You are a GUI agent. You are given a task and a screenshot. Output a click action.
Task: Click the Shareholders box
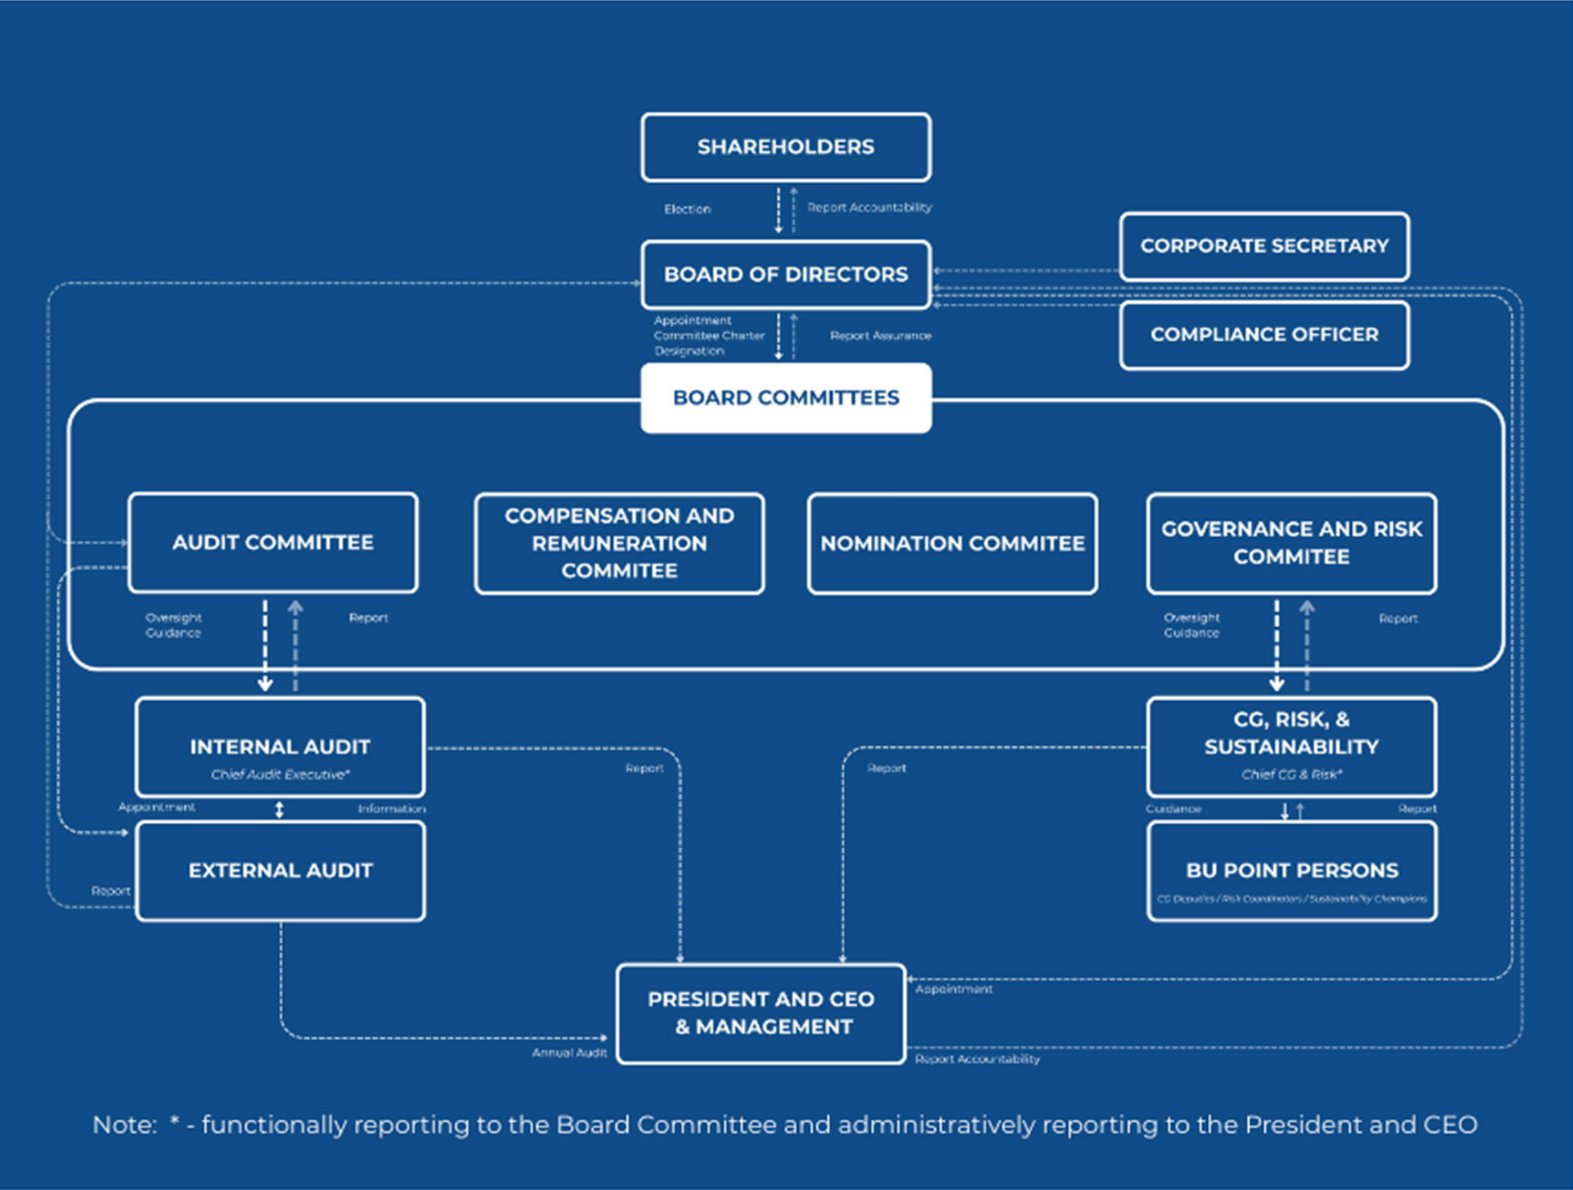click(786, 147)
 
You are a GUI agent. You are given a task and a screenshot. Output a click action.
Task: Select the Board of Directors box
click(786, 274)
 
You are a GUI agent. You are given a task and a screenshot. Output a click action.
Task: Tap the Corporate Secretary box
click(1264, 246)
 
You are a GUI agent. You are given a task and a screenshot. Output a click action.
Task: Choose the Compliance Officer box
click(1264, 334)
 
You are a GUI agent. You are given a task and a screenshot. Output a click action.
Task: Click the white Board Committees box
click(786, 398)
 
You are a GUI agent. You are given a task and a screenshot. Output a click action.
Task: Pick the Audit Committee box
click(273, 543)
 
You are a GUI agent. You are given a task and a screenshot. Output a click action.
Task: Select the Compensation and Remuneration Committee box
click(619, 544)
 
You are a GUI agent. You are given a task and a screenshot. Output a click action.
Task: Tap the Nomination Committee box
click(952, 544)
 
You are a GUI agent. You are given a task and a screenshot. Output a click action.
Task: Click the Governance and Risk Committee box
click(1292, 544)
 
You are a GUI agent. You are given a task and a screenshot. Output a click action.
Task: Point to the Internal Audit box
click(280, 746)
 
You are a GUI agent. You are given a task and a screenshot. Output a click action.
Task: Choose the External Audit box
click(280, 871)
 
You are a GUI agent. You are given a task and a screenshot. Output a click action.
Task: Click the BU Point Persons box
click(1292, 871)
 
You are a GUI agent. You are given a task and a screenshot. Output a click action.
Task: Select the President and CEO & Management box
click(761, 1013)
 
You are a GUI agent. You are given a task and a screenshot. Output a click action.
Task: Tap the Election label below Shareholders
click(688, 209)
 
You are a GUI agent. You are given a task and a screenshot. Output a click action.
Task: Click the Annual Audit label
click(569, 1053)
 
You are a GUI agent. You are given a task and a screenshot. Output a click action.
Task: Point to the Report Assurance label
click(881, 335)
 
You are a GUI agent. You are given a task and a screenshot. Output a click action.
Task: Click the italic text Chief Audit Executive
click(280, 774)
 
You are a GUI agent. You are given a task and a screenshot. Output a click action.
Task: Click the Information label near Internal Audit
click(392, 809)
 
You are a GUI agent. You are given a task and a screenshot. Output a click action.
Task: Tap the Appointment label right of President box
click(954, 989)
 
